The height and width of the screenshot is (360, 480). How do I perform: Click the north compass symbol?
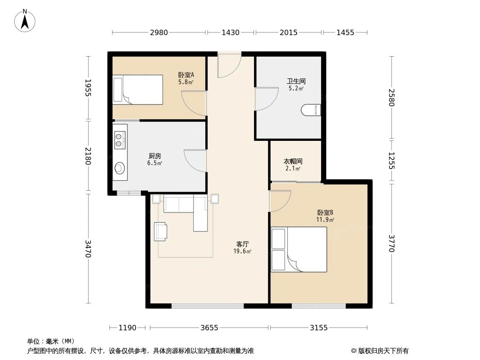tap(25, 20)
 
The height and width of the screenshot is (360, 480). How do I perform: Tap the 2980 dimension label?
tap(159, 32)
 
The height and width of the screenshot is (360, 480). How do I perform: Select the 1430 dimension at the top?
tap(231, 32)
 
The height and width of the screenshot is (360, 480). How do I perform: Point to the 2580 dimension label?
tap(391, 98)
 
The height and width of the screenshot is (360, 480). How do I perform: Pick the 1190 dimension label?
tap(127, 328)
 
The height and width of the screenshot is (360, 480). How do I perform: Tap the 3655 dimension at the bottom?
tap(209, 328)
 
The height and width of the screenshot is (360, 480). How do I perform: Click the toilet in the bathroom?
tap(311, 110)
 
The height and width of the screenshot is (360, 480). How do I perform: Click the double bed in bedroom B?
tap(299, 249)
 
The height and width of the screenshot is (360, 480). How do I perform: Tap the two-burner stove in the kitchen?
tap(120, 139)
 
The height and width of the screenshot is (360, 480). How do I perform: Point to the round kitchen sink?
tap(119, 168)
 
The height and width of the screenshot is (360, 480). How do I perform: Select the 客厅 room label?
tap(242, 244)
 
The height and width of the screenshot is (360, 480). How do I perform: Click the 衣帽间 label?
tap(293, 161)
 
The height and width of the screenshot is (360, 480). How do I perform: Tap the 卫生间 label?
tap(296, 81)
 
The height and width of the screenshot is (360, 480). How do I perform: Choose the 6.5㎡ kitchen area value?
tap(154, 163)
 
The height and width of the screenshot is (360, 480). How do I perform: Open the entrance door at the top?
tap(229, 66)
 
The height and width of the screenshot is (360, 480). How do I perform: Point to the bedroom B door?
tap(279, 201)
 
